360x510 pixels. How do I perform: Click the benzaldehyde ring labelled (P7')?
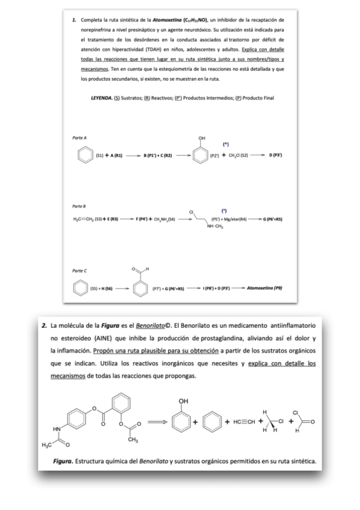(x=140, y=289)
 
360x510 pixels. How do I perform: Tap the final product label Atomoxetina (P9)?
(x=264, y=288)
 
